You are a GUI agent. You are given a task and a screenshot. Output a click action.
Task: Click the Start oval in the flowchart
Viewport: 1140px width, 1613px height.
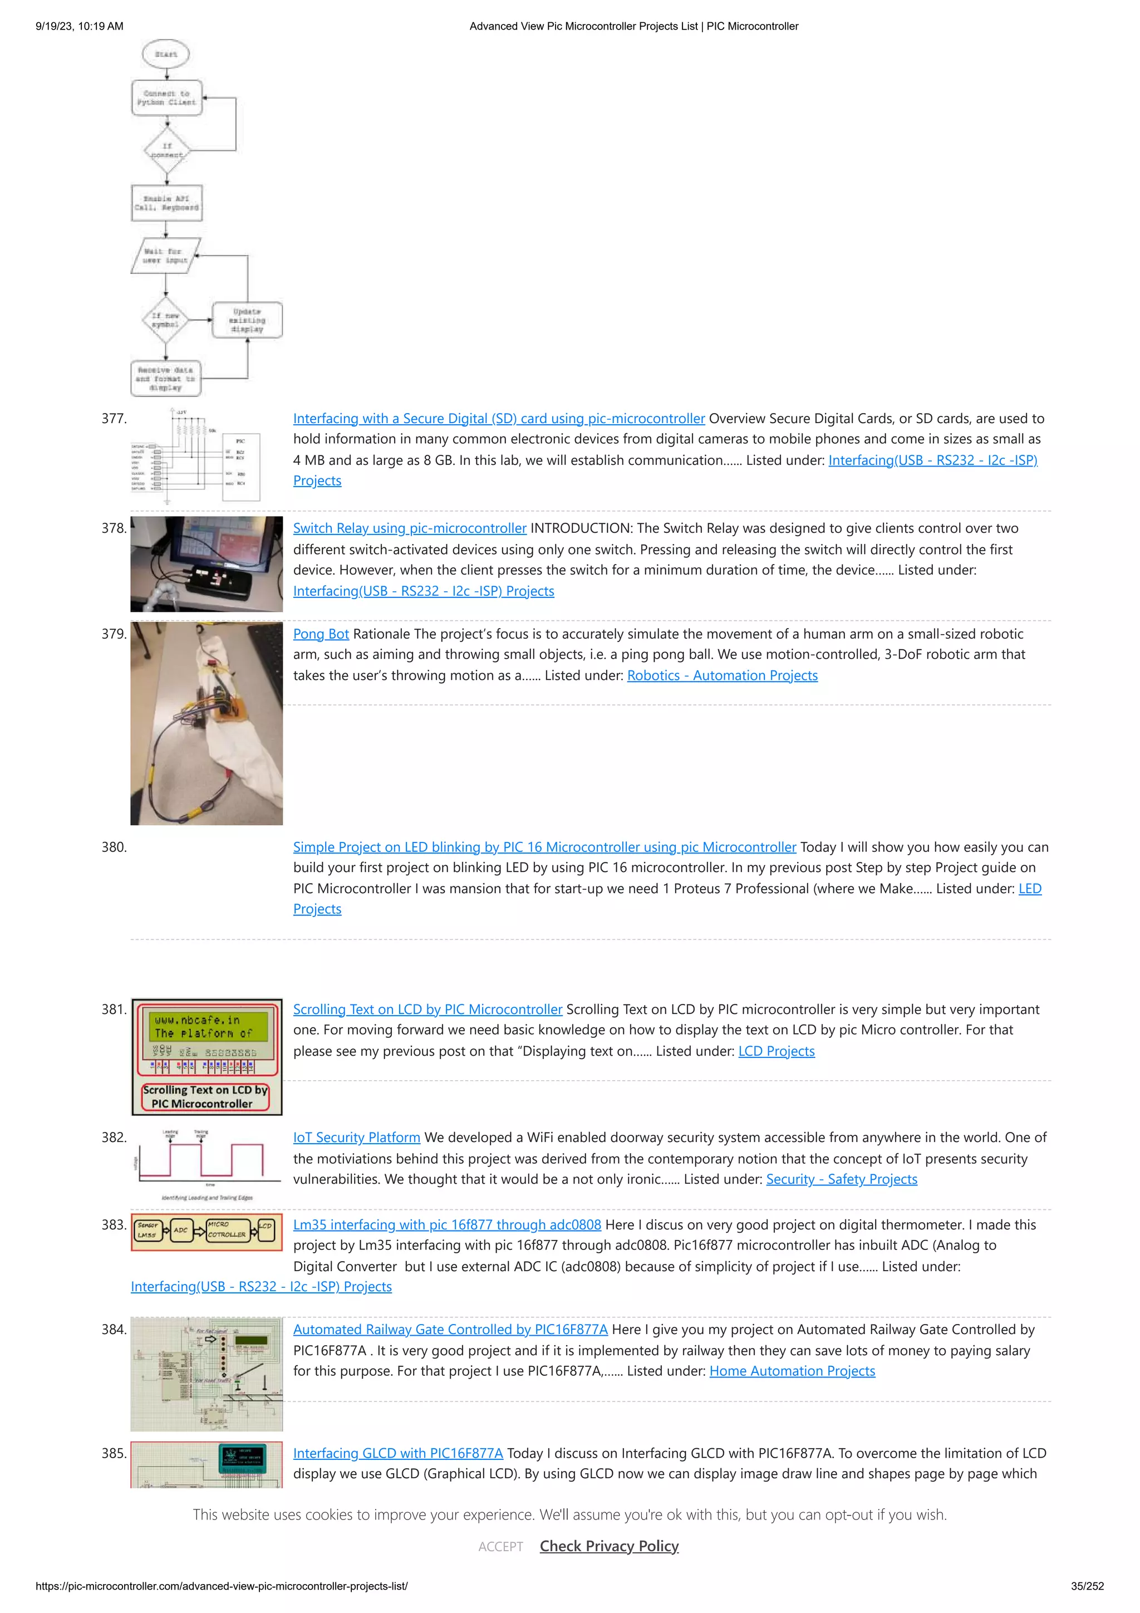tap(166, 53)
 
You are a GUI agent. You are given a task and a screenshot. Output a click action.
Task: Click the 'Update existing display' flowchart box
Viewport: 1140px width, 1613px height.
tap(247, 320)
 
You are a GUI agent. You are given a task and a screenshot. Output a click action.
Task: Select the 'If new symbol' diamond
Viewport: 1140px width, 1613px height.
tap(165, 320)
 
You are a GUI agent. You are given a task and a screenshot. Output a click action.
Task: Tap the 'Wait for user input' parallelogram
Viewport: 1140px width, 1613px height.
tap(166, 256)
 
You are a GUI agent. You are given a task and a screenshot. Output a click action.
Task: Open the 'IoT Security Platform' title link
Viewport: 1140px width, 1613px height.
tap(356, 1138)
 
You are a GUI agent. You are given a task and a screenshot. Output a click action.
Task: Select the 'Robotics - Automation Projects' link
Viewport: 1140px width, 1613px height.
tap(722, 675)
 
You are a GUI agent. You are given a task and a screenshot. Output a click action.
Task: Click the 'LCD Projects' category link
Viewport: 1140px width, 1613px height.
tap(776, 1051)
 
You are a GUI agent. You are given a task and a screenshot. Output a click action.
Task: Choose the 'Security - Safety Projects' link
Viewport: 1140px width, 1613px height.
tap(842, 1179)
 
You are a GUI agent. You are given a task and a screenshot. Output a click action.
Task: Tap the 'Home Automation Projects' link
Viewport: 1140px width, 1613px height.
tap(792, 1371)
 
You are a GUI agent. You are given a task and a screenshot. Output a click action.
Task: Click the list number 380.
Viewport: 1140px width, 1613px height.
tap(114, 847)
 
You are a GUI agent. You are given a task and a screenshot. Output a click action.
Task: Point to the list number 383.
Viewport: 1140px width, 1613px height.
tap(114, 1224)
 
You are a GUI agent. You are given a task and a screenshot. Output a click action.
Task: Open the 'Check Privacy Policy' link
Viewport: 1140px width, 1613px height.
tap(609, 1546)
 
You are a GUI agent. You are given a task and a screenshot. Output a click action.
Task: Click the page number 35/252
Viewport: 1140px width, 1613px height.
tap(1087, 1586)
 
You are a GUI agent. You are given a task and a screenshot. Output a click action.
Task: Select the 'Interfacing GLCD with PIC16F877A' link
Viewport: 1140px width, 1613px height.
tap(397, 1453)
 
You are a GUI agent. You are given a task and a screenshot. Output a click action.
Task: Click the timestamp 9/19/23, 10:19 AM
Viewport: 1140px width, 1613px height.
tap(80, 26)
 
